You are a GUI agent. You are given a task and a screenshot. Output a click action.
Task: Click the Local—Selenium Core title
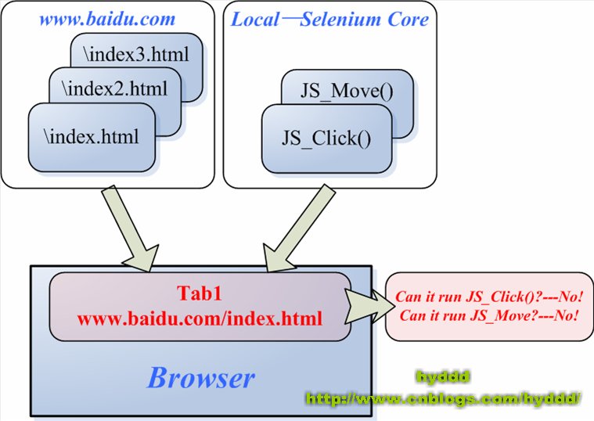coord(329,19)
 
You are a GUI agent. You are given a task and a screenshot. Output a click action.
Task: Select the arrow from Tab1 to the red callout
coord(369,307)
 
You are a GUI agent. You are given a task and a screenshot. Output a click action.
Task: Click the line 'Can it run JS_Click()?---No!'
coord(490,297)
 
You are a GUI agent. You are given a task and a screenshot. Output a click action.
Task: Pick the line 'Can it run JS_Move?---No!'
coord(490,316)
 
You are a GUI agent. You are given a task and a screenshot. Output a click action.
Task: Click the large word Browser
coord(201,379)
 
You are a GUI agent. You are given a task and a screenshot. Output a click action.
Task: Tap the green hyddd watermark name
coord(443,376)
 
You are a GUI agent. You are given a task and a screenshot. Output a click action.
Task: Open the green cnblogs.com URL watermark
coord(443,399)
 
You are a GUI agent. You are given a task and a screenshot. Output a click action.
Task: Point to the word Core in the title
coord(409,19)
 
